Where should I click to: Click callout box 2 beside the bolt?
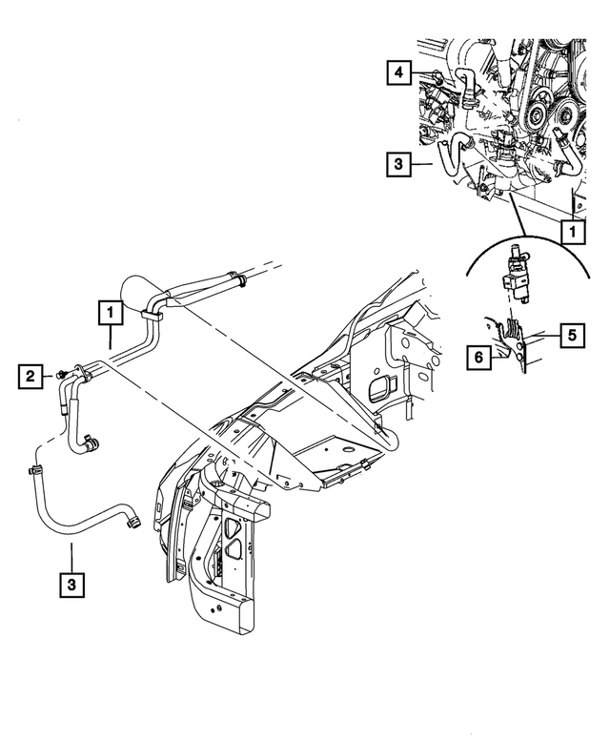tap(31, 378)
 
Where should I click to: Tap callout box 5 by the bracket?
tap(572, 335)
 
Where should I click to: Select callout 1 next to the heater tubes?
tap(111, 312)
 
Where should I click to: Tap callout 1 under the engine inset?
tap(572, 231)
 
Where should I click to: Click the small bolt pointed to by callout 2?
tap(61, 372)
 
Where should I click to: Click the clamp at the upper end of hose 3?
tap(34, 468)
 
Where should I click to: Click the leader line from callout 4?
tap(425, 73)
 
